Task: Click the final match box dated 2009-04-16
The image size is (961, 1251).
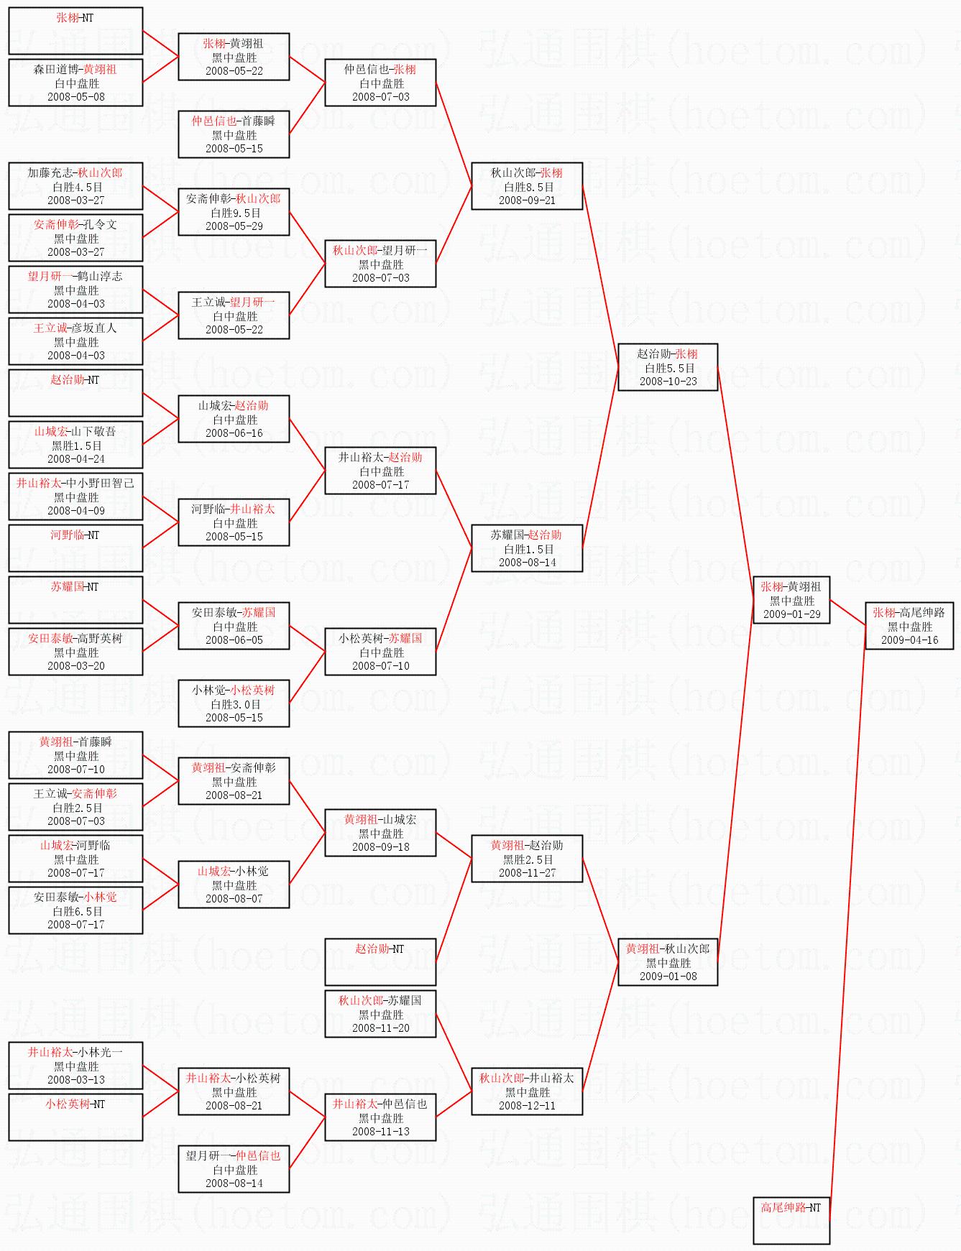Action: coord(909,626)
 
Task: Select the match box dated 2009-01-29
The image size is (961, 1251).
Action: coord(791,600)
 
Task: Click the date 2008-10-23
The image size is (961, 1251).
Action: coord(668,382)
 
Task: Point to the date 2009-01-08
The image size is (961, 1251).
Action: coord(668,977)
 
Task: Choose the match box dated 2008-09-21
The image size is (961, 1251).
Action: coord(527,186)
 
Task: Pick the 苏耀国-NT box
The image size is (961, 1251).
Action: coord(75,599)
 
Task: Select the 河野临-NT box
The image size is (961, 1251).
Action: coord(75,548)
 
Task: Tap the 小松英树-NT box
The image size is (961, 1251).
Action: coord(75,1117)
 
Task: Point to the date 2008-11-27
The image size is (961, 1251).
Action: coord(527,873)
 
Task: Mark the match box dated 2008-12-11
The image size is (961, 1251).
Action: coord(527,1091)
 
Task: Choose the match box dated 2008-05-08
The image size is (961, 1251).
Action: coord(75,83)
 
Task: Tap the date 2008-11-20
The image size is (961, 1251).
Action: coord(380,1028)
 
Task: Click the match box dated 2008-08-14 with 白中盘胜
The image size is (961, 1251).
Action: coord(234,1169)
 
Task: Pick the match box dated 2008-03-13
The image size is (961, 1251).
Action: coord(75,1066)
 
